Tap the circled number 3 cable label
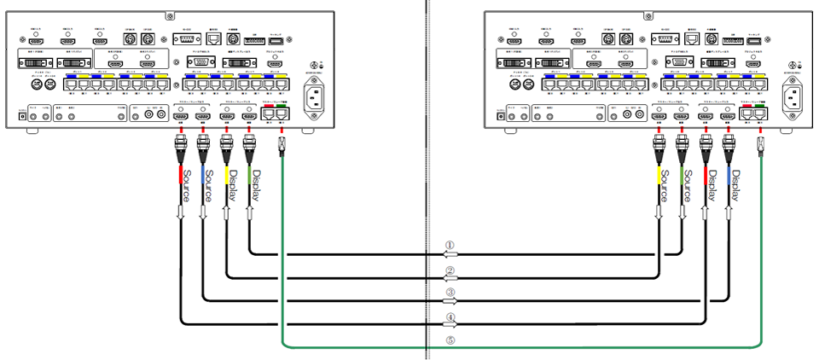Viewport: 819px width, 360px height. (x=450, y=293)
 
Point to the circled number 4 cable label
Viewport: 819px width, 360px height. (x=450, y=317)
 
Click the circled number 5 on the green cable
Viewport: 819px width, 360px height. (x=450, y=341)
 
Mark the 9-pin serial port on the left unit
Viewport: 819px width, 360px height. (x=190, y=39)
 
